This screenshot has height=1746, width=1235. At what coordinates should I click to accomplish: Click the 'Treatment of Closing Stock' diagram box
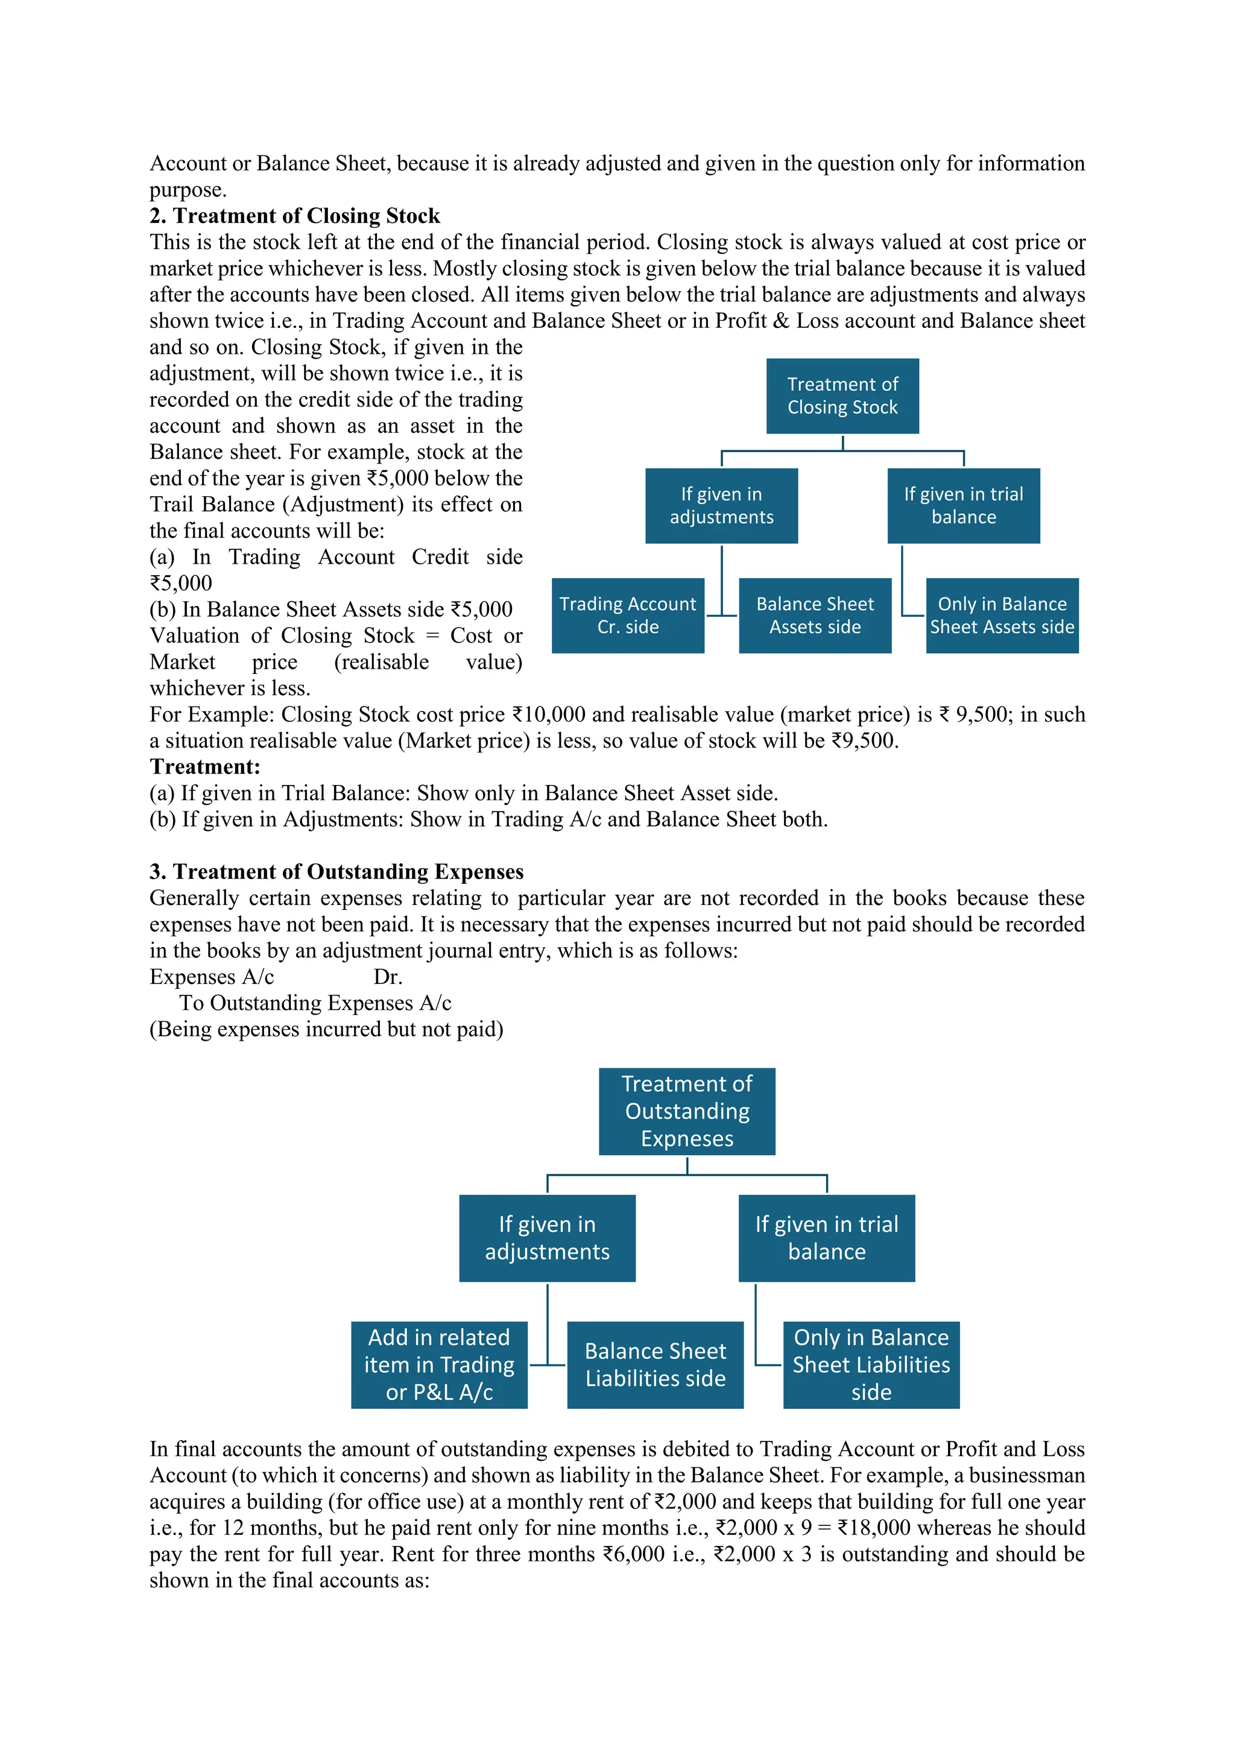[x=842, y=396]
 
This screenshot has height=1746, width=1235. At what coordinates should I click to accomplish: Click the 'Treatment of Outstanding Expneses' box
[x=687, y=1111]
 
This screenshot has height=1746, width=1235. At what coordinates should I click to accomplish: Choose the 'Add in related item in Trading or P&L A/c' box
[x=439, y=1364]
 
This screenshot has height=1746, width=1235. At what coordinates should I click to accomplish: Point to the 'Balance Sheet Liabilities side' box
[x=655, y=1364]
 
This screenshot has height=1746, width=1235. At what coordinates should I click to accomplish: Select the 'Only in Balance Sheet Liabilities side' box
[x=871, y=1364]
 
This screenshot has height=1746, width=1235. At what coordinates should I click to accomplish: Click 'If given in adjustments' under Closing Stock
[x=721, y=506]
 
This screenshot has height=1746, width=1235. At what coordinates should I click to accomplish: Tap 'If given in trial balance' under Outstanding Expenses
[x=826, y=1237]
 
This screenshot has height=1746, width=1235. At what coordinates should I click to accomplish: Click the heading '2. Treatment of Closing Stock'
[x=294, y=216]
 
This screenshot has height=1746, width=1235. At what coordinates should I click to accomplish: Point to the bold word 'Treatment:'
[x=204, y=766]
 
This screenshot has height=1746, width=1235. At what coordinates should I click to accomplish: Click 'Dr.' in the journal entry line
[x=388, y=977]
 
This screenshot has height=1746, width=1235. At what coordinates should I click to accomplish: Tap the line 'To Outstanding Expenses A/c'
[x=315, y=1003]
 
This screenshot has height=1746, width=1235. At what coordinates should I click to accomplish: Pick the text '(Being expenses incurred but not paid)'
[x=326, y=1030]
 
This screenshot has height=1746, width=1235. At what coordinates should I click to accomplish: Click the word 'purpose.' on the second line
[x=188, y=189]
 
